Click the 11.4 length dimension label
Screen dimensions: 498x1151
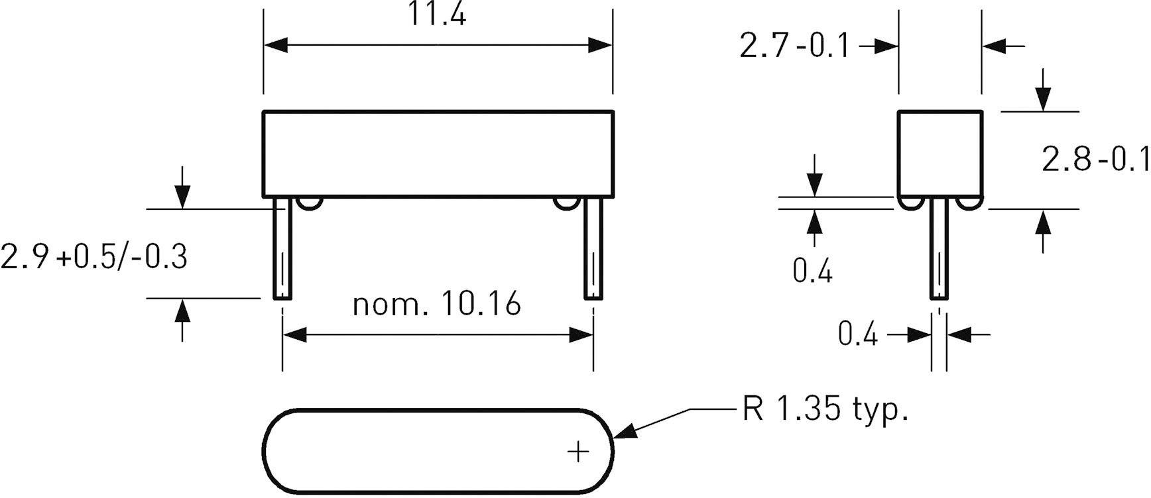coord(436,15)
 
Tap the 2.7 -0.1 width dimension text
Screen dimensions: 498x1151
coord(794,46)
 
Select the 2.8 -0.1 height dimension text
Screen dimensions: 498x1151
coord(1095,160)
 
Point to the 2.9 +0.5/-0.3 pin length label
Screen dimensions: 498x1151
coord(93,257)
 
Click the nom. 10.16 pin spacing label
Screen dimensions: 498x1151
coord(436,305)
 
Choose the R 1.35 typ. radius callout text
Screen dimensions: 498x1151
coord(824,409)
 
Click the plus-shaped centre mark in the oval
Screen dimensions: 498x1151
coord(578,452)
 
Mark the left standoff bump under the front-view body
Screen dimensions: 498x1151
coord(310,203)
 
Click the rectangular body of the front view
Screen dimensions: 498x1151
coord(438,154)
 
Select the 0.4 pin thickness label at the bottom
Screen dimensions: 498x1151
coord(857,334)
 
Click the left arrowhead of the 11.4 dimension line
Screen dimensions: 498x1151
coord(275,45)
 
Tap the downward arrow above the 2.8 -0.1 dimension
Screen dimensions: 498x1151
coord(1043,99)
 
